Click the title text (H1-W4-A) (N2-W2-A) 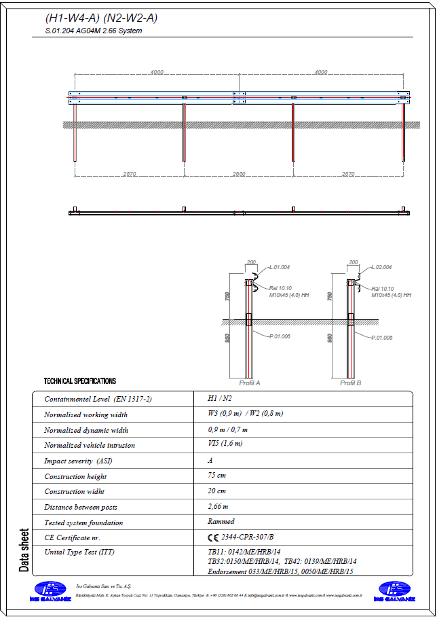tap(101, 18)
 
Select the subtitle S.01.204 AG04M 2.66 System tap(94, 31)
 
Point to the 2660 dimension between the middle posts tap(238, 174)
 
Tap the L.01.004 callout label tap(279, 268)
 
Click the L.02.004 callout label tap(381, 268)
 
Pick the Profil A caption tap(249, 383)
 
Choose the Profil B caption tap(350, 383)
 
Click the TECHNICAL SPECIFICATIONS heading tap(79, 381)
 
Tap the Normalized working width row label tap(85, 414)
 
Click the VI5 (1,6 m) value tap(225, 444)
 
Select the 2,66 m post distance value tap(218, 506)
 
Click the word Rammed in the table tap(221, 522)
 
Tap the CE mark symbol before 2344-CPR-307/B tap(213, 537)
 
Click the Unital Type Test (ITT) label tap(79, 552)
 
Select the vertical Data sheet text tap(24, 550)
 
